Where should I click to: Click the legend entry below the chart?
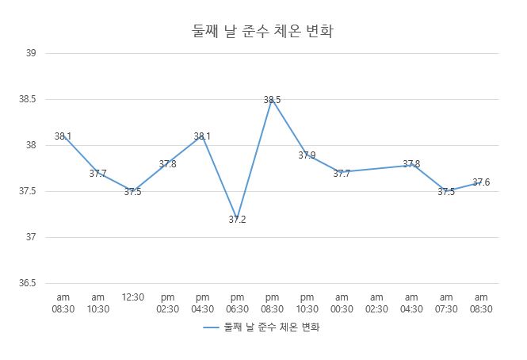click(x=265, y=327)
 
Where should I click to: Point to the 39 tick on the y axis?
click(x=32, y=53)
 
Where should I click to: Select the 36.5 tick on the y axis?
click(x=29, y=283)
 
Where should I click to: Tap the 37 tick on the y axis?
click(x=32, y=237)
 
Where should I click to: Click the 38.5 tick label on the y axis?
click(x=29, y=99)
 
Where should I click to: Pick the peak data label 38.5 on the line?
click(x=272, y=100)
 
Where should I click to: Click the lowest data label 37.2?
click(x=237, y=220)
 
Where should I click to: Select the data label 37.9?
click(x=307, y=155)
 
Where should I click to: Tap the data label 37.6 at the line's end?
click(x=481, y=182)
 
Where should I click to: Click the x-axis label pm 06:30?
click(x=237, y=303)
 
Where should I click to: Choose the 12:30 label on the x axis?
click(x=132, y=297)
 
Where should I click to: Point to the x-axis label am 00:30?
click(x=342, y=303)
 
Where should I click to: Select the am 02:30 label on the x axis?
click(x=376, y=303)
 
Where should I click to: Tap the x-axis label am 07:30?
click(x=446, y=303)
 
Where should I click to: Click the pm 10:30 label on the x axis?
click(x=307, y=303)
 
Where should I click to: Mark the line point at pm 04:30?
click(x=202, y=136)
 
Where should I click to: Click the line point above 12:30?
click(x=132, y=191)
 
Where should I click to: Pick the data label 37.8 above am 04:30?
click(x=411, y=164)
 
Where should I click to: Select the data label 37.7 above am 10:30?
click(x=97, y=174)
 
